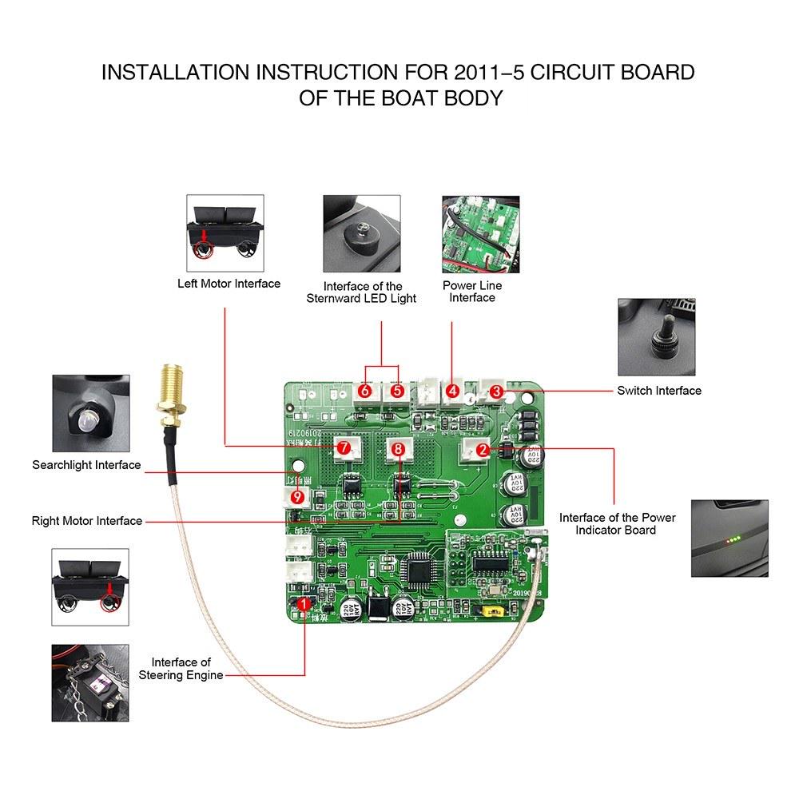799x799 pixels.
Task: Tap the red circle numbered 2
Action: pyautogui.click(x=483, y=450)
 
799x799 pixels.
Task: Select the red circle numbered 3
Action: pyautogui.click(x=496, y=392)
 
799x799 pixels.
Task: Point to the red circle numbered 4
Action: pyautogui.click(x=453, y=392)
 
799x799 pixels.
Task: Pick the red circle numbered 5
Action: pyautogui.click(x=397, y=392)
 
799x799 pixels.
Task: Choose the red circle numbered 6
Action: pyautogui.click(x=365, y=392)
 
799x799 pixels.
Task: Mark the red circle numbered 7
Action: pyautogui.click(x=344, y=448)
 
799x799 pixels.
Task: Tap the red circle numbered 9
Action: pyautogui.click(x=298, y=497)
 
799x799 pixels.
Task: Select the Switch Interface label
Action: pyautogui.click(x=658, y=391)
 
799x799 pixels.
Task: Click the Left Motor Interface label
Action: pyautogui.click(x=229, y=284)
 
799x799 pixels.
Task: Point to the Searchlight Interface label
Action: pyautogui.click(x=86, y=465)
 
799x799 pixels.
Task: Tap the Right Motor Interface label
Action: pyautogui.click(x=87, y=521)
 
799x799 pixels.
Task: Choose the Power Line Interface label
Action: pyautogui.click(x=472, y=292)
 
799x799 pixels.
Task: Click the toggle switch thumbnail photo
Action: pyautogui.click(x=658, y=336)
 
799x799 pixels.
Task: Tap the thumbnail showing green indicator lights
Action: pyautogui.click(x=729, y=538)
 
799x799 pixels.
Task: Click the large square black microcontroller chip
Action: pyautogui.click(x=419, y=569)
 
